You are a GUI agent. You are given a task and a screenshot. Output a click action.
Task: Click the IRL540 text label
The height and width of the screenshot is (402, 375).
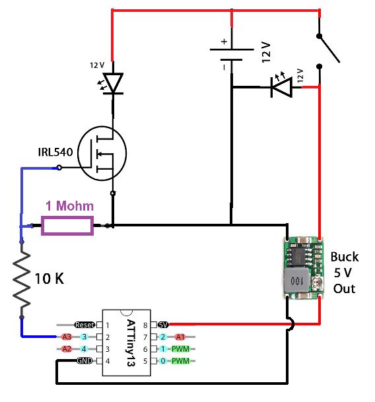pos(55,152)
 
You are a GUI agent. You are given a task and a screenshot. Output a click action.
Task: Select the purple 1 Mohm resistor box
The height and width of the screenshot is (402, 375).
pos(67,226)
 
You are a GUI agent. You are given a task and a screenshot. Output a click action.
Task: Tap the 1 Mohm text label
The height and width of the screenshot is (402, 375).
pos(69,205)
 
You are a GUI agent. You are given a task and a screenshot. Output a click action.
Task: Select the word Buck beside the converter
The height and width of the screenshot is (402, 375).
pos(344,257)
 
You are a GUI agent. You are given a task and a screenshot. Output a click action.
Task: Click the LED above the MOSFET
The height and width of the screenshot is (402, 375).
pos(114,83)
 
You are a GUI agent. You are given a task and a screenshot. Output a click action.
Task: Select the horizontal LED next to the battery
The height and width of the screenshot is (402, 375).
pos(281,87)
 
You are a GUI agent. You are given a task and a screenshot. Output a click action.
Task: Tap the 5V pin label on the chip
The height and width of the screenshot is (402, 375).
pos(163,325)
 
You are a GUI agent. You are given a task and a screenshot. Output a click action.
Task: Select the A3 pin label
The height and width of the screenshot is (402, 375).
pos(67,337)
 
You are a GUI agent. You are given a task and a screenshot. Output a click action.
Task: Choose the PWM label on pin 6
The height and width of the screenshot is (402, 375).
pos(180,349)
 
